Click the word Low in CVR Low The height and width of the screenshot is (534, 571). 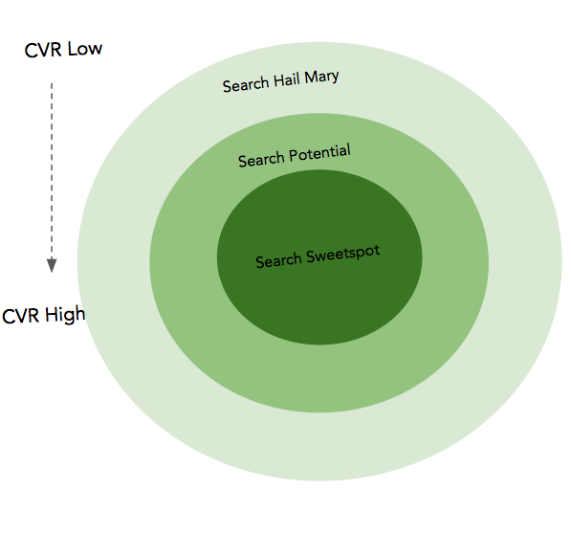click(85, 49)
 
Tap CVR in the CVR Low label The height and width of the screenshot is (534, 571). click(43, 51)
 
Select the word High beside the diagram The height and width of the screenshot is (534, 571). click(66, 315)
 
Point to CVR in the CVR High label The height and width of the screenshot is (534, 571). click(21, 316)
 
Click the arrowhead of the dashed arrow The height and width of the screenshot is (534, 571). click(52, 265)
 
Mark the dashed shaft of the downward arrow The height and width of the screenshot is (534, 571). click(52, 170)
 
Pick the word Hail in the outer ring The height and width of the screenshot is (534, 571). click(287, 80)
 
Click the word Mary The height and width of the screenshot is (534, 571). click(321, 78)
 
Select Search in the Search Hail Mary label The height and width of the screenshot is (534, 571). click(246, 84)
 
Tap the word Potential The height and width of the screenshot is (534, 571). click(319, 153)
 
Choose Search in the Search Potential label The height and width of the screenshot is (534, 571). click(261, 160)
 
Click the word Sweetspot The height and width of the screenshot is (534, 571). click(342, 254)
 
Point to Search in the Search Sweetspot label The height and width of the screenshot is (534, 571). click(278, 260)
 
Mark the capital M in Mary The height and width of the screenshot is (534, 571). click(311, 78)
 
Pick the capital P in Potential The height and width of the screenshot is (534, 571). click(293, 156)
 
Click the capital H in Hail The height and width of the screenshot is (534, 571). click(278, 80)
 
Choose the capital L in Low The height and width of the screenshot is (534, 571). click(72, 49)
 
